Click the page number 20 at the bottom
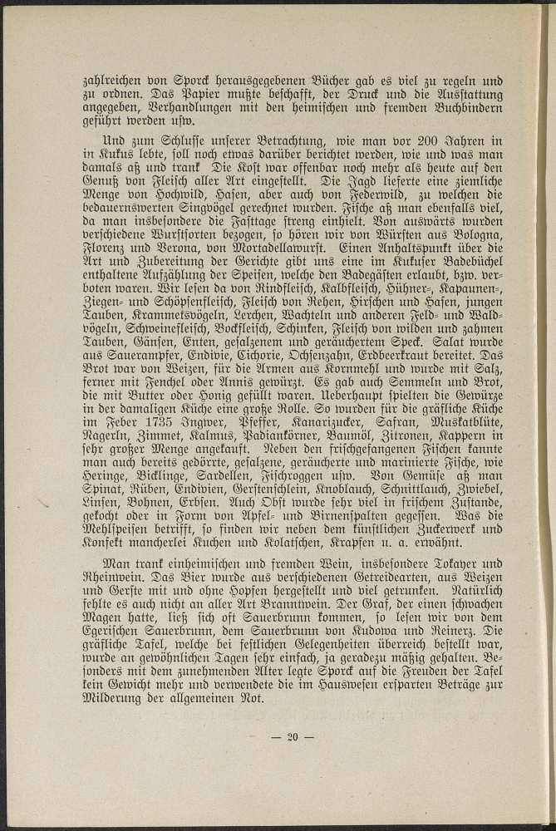tap(291, 735)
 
